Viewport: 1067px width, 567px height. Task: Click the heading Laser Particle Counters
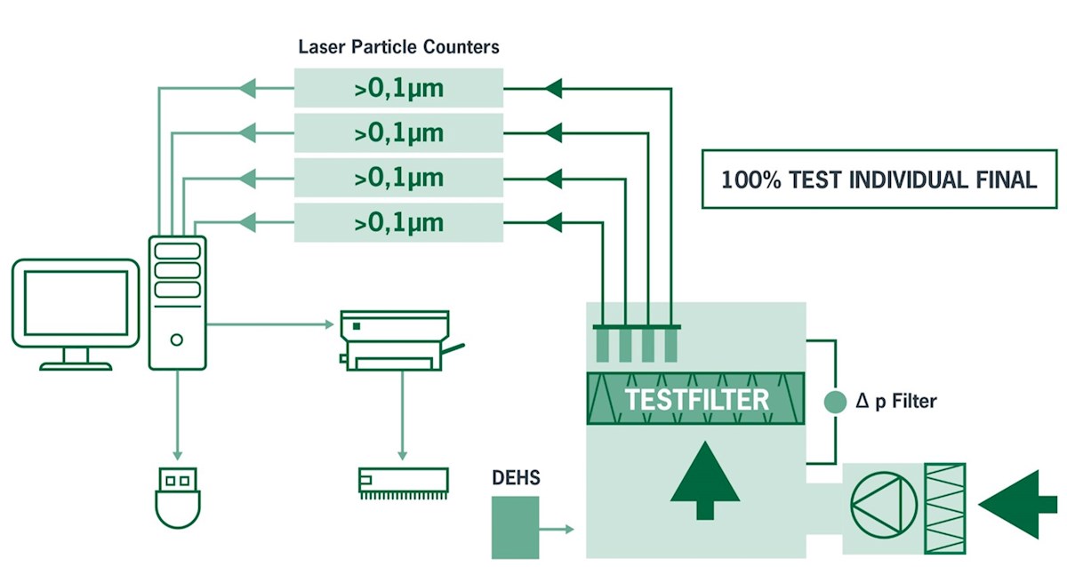point(398,46)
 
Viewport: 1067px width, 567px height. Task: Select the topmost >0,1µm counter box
point(398,88)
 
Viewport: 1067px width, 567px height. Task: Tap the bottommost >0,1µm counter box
point(398,222)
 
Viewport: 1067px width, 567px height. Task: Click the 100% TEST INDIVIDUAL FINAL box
point(878,180)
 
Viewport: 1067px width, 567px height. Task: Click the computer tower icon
point(177,302)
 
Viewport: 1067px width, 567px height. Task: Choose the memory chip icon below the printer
point(401,481)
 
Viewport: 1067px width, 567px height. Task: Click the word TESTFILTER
point(695,399)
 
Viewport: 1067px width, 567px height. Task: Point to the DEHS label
point(516,479)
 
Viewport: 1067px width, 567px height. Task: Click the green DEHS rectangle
point(516,528)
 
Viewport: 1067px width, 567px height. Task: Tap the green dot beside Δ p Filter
point(835,402)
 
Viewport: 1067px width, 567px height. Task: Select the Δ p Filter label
point(896,402)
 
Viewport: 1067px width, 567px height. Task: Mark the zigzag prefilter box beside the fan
point(944,503)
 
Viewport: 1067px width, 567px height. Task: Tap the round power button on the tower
point(177,339)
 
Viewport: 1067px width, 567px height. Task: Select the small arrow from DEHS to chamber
point(558,530)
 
